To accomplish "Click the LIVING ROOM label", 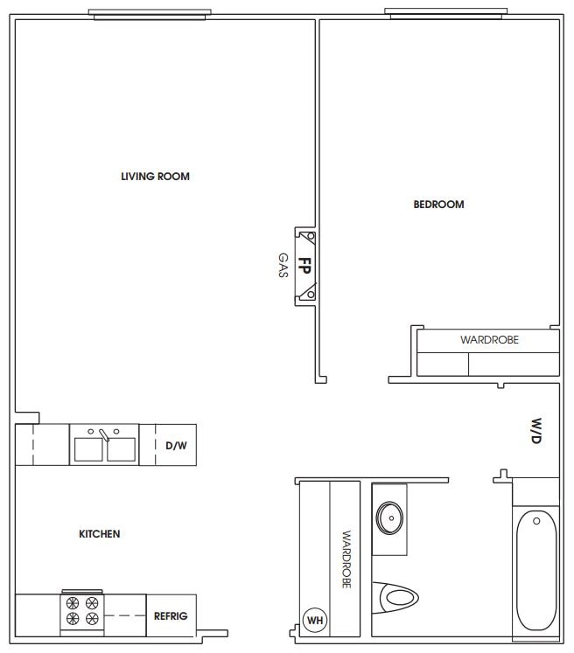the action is point(155,177).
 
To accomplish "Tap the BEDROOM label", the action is point(438,205).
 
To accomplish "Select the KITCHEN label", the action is point(100,534).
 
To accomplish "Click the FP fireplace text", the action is point(304,266).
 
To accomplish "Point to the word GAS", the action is point(283,265).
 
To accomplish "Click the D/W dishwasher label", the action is point(177,446).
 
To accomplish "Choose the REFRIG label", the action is point(171,616).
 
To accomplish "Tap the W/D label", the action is point(536,431).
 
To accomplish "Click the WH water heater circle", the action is point(315,621).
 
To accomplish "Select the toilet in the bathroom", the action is point(395,598).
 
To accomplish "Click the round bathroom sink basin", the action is point(389,518).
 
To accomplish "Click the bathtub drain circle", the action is point(536,521).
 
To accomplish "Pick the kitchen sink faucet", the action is point(104,434).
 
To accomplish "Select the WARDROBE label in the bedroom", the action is point(489,340).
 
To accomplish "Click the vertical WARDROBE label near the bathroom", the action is point(346,559).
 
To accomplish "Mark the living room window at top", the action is point(150,15).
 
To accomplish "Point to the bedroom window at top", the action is point(445,13).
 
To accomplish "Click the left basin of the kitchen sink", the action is point(88,449).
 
